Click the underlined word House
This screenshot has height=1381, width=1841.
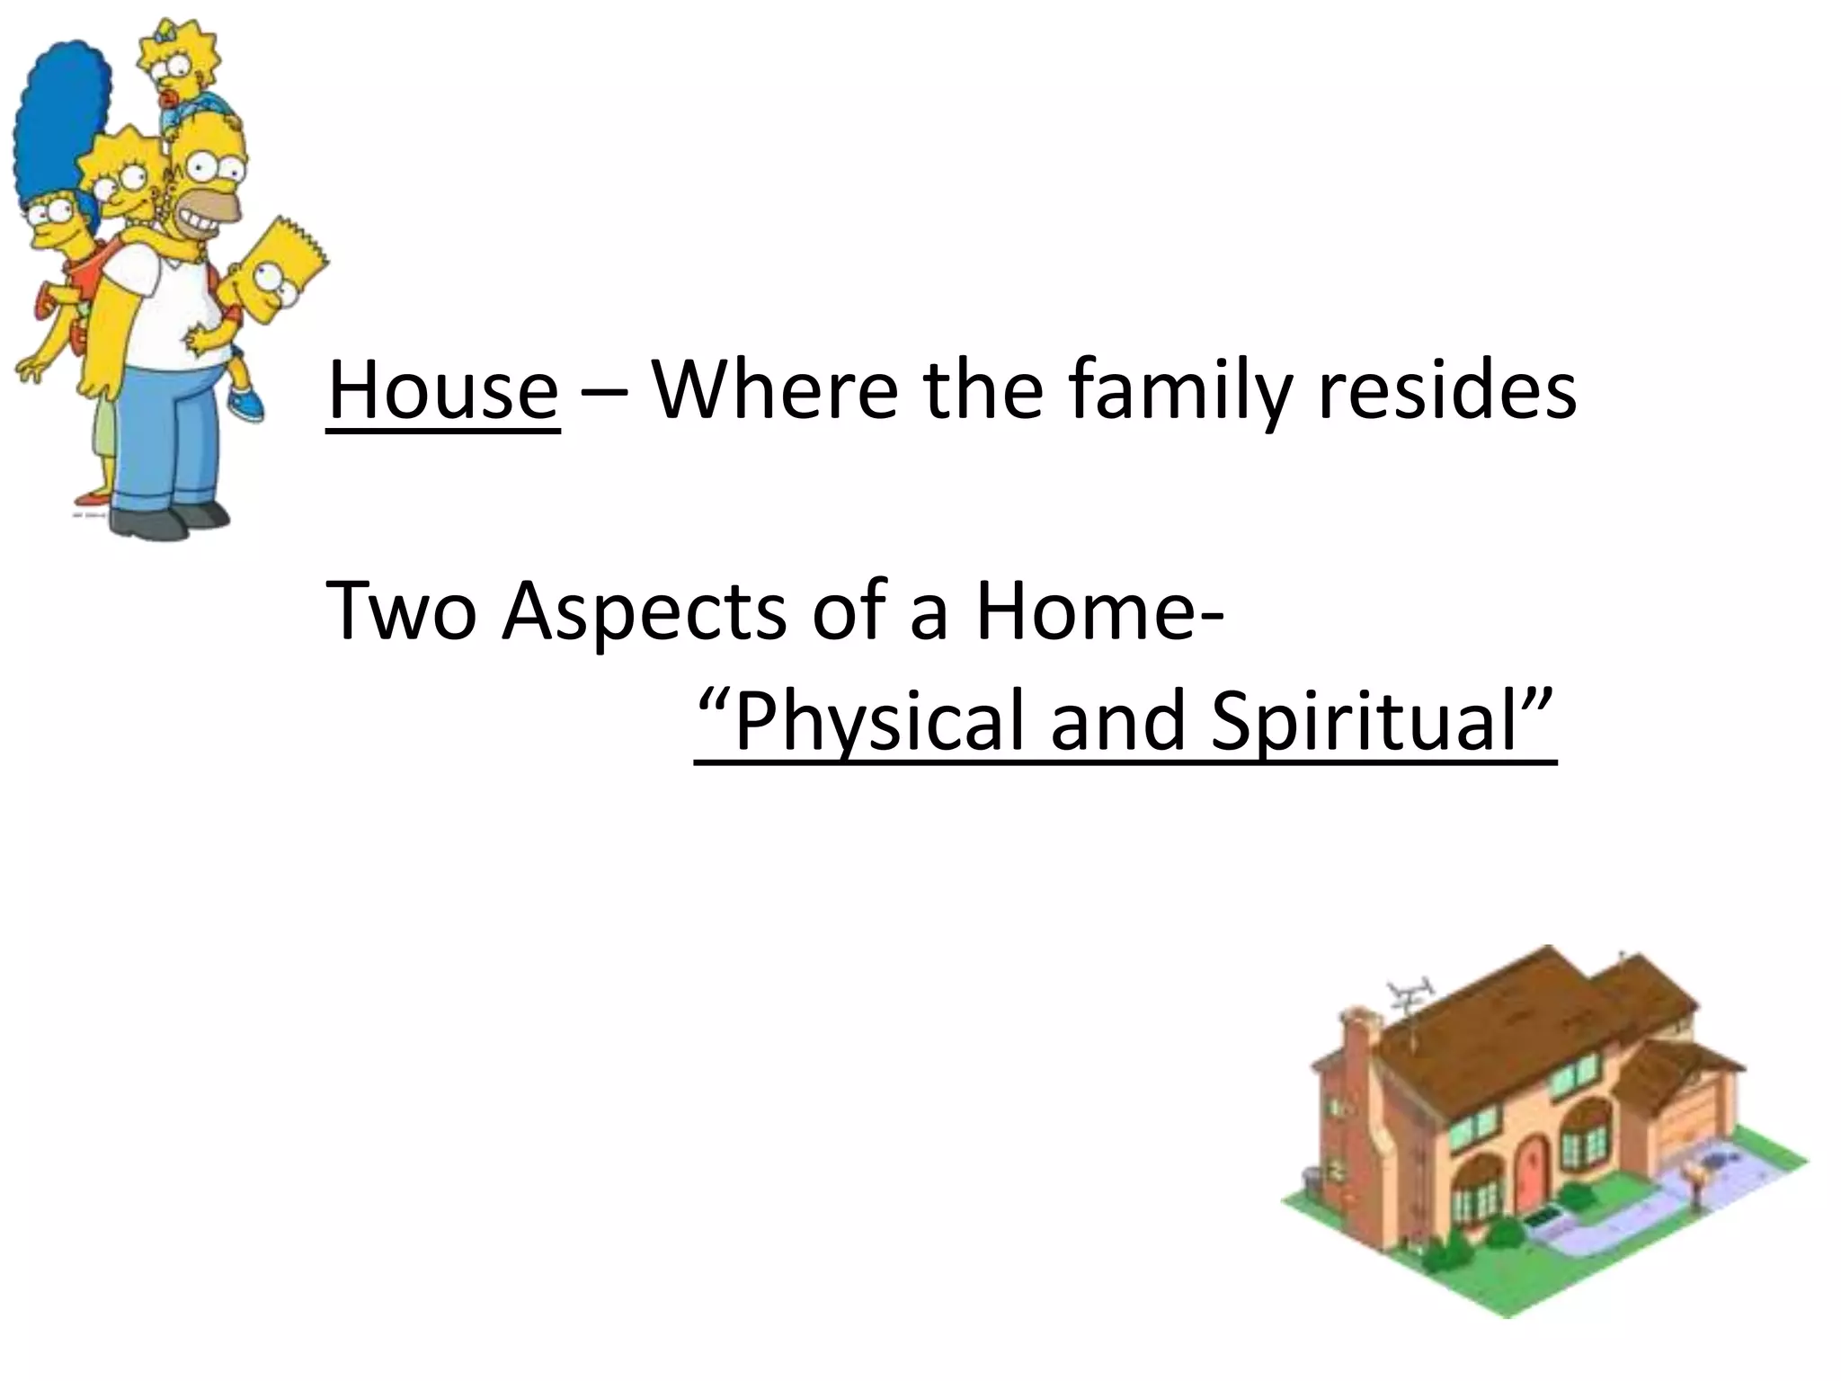click(442, 392)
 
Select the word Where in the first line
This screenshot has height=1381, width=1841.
click(773, 392)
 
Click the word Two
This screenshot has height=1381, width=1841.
click(401, 612)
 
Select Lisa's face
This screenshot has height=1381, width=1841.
click(126, 184)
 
